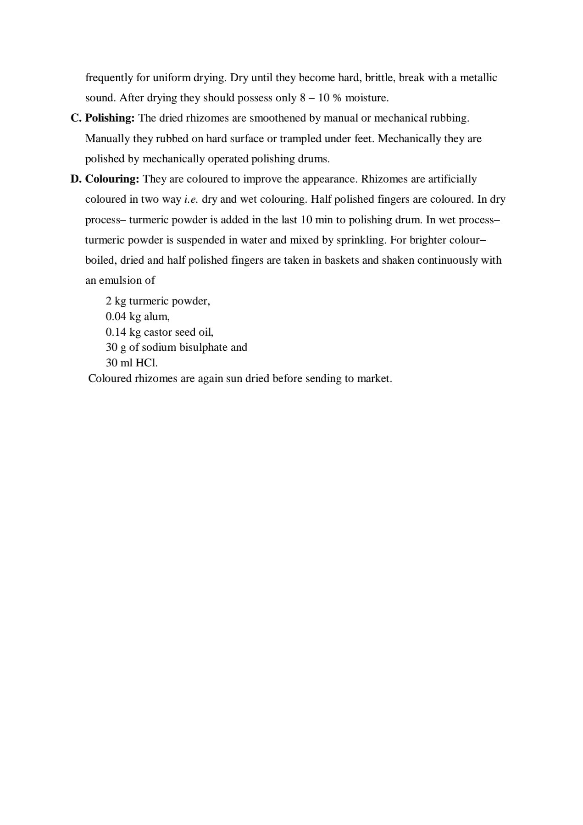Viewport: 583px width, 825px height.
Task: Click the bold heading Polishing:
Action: (110, 118)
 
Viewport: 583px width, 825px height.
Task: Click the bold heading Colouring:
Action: (112, 179)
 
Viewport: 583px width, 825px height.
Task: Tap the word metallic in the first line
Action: (478, 78)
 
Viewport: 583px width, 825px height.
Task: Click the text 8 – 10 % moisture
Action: (344, 98)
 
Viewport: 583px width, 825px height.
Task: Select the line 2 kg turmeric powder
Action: (157, 301)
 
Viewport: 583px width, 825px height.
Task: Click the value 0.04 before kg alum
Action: (116, 316)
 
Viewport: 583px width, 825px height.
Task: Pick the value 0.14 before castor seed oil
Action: (116, 332)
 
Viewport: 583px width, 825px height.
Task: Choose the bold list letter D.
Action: (76, 179)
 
